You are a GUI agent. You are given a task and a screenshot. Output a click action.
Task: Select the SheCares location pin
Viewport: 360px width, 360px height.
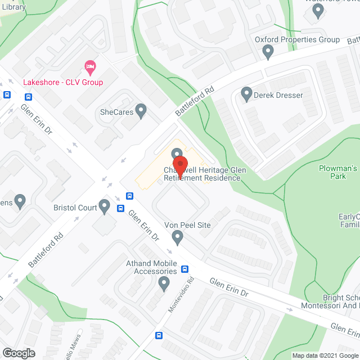(x=141, y=111)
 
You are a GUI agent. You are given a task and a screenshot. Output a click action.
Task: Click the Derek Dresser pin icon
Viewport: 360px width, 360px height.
(x=246, y=94)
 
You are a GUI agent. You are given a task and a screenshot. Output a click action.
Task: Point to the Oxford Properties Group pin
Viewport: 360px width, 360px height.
(x=268, y=52)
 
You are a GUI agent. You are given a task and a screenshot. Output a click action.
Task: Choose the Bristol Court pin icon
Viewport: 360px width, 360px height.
(x=104, y=206)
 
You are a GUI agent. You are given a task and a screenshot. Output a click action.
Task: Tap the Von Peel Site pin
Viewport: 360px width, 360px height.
(x=178, y=237)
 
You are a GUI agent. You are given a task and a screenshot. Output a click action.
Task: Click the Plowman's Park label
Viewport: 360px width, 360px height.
(x=338, y=172)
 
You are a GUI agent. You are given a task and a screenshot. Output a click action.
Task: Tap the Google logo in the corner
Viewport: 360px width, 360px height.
(x=18, y=353)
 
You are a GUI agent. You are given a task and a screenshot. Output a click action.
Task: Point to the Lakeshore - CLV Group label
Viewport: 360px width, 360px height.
(x=63, y=82)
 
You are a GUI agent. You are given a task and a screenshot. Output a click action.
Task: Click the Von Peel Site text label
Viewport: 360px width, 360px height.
(x=187, y=225)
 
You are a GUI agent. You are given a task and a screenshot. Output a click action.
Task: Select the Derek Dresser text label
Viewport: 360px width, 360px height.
(x=278, y=95)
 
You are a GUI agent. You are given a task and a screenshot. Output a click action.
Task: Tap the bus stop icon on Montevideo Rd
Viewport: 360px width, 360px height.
(x=159, y=336)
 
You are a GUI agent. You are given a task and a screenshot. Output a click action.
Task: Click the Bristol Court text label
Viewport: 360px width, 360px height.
(x=75, y=208)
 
